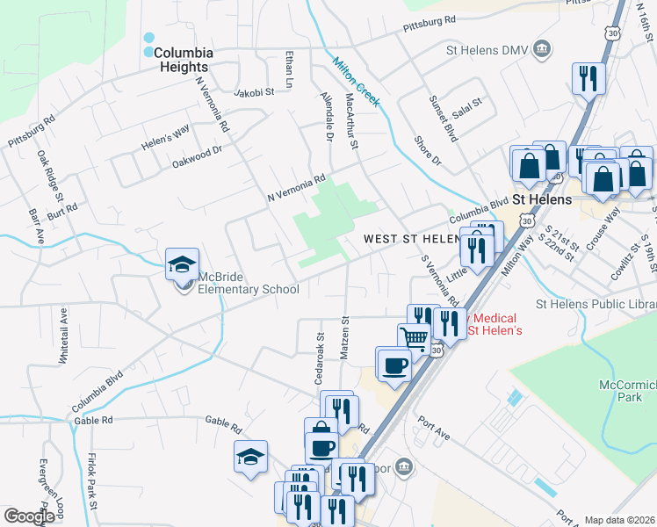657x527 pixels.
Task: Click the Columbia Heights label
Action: tap(183, 60)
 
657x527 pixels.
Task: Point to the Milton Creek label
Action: tap(356, 82)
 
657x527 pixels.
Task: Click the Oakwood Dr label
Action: tap(198, 162)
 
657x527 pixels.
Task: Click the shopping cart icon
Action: tap(414, 337)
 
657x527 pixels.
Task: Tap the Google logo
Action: tap(29, 516)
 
